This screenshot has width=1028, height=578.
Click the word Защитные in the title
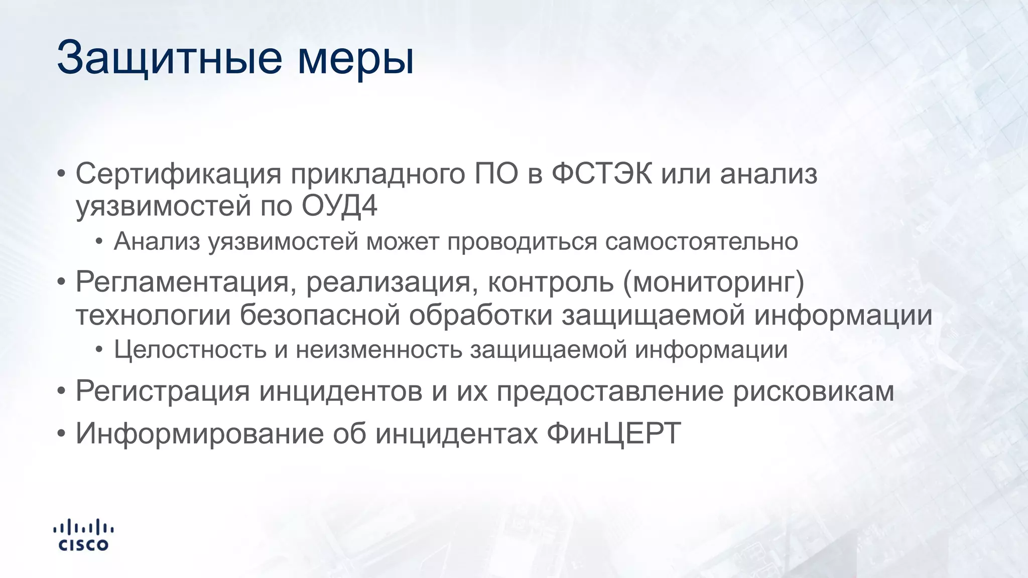170,59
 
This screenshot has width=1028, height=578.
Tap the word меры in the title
356,59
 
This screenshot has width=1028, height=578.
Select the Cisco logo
83,535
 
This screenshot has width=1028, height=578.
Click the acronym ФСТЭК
602,174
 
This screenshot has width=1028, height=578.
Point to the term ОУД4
339,206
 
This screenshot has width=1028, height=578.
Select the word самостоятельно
701,241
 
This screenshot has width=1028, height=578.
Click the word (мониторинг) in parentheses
713,282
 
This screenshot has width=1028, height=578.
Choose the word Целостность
190,350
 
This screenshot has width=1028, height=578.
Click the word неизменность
378,350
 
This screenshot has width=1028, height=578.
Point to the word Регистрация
163,391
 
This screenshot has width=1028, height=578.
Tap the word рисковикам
814,391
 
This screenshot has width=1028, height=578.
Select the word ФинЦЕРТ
614,432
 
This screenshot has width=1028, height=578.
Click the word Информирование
200,432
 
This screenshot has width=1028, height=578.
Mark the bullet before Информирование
61,433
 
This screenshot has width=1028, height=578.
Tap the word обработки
480,315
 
